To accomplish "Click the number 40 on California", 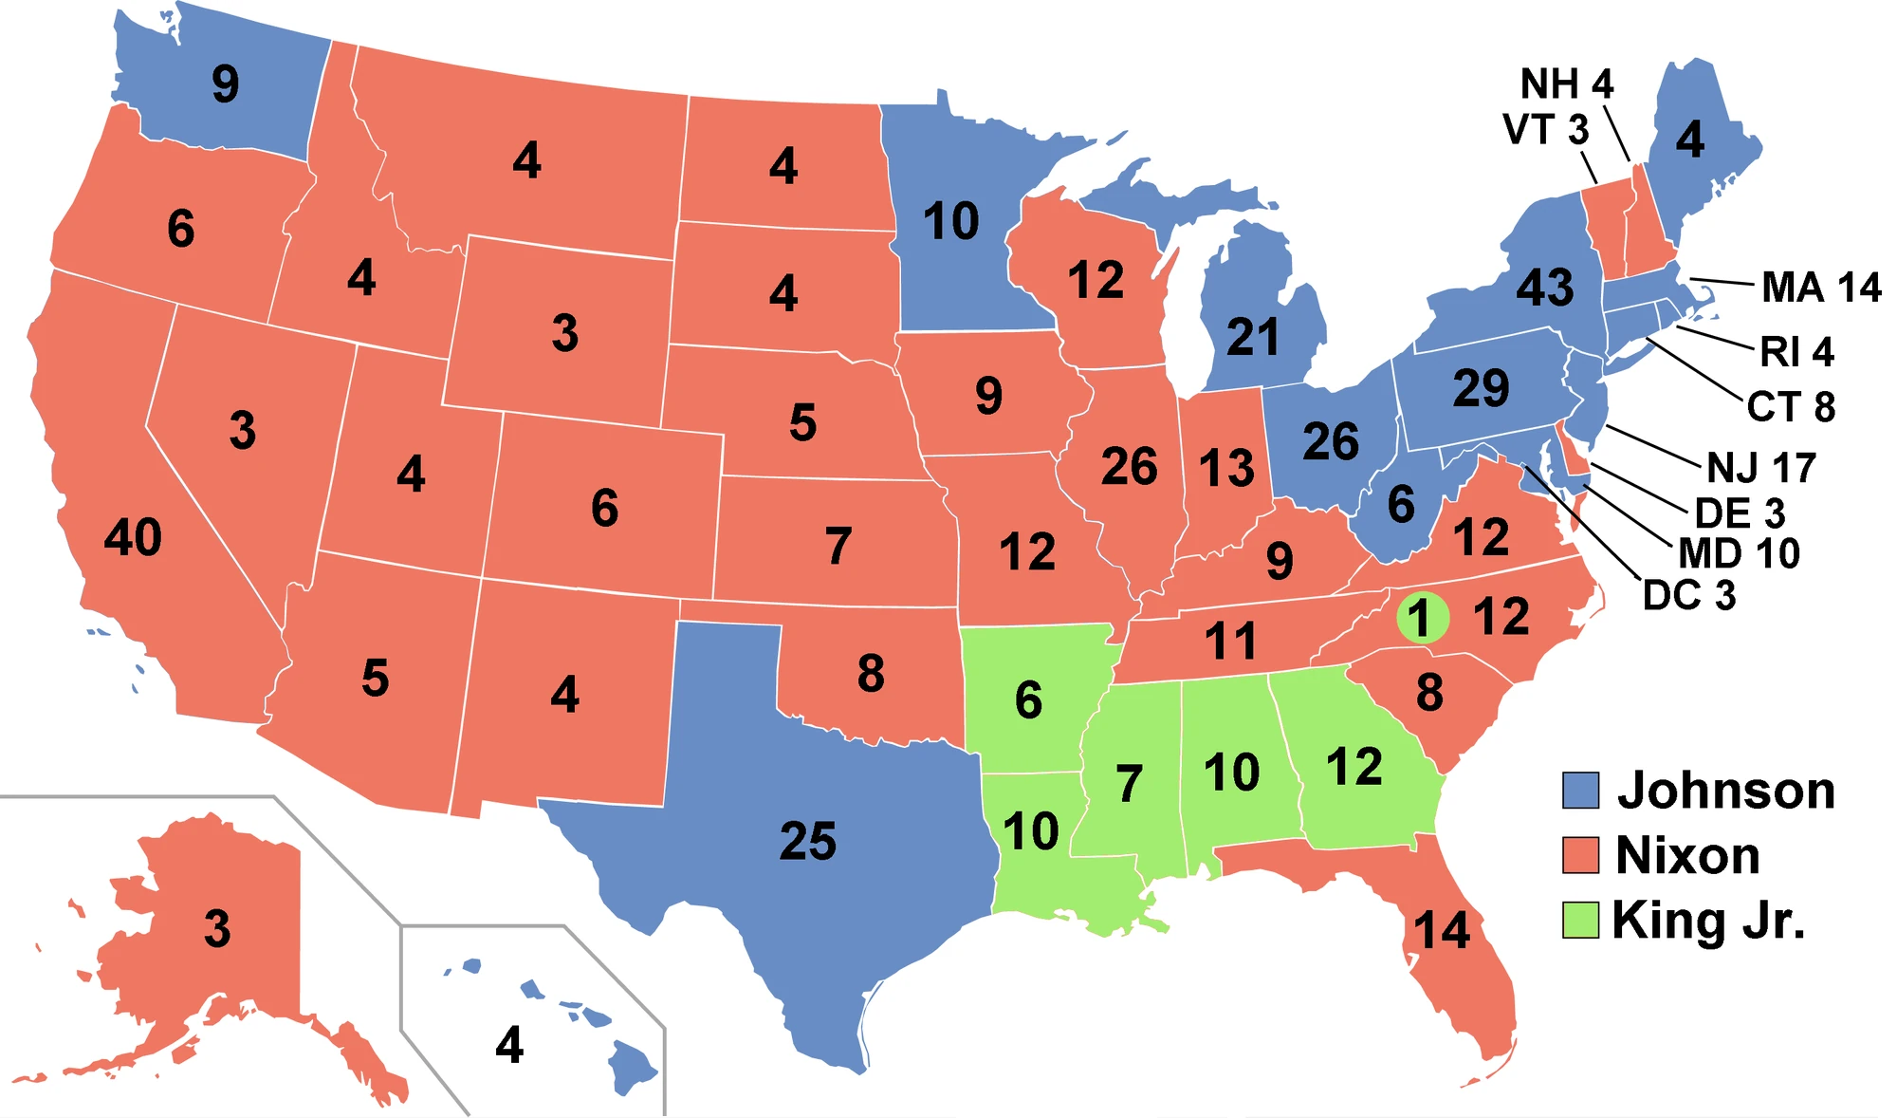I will click(133, 537).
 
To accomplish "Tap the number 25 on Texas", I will click(807, 841).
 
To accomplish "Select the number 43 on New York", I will click(1544, 287).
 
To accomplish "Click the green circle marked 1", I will click(1422, 618).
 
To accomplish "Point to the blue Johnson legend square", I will click(1580, 790).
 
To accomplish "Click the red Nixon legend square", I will click(1580, 854).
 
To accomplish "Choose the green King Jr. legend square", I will click(1580, 920).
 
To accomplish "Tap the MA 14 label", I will click(1821, 287).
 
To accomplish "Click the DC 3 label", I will click(1689, 596).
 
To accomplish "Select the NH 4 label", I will click(1567, 84).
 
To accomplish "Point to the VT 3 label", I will click(1545, 130).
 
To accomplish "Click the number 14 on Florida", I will click(1442, 930).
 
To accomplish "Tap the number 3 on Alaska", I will click(217, 928).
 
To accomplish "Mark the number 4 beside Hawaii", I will click(509, 1045).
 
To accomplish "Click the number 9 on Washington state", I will click(225, 84).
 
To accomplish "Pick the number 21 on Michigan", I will click(1252, 337).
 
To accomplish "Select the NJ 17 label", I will click(1761, 468).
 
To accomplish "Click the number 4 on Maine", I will click(1689, 140).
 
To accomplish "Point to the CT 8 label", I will click(1791, 407).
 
